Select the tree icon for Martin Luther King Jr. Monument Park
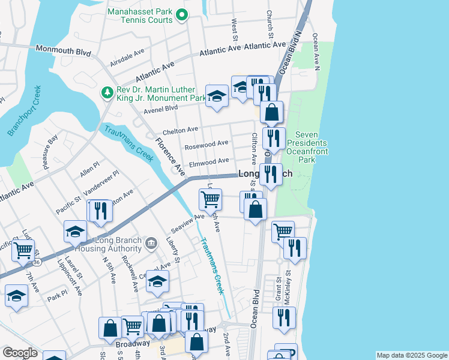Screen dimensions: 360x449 107,92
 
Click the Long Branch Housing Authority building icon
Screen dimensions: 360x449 152,244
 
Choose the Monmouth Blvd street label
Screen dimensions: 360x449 63,50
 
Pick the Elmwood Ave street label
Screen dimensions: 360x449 209,161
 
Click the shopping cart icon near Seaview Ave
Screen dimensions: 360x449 210,198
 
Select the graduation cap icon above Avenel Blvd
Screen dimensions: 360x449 216,95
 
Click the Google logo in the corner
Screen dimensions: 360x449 20,353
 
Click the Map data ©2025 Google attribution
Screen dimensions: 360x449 412,355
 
